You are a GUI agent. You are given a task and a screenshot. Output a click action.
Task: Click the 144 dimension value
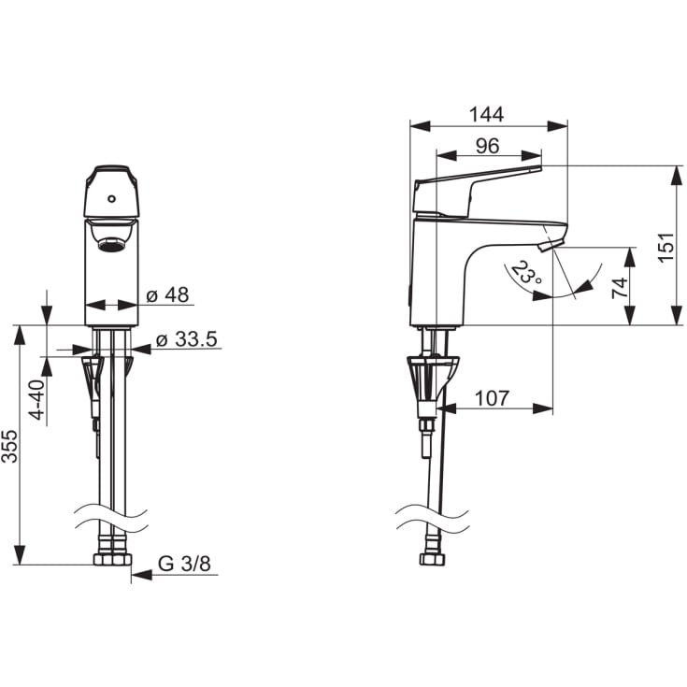486,114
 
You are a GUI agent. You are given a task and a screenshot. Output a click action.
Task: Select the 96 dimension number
487,146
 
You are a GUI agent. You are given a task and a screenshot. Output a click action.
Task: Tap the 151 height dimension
666,247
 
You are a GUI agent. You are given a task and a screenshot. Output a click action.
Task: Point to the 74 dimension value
620,288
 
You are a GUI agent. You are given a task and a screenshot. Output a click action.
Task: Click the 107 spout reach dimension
492,398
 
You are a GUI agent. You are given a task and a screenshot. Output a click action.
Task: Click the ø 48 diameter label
168,294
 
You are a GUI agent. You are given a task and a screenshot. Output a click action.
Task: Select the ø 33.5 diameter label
187,339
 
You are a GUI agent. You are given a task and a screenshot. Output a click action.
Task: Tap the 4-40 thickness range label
38,400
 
